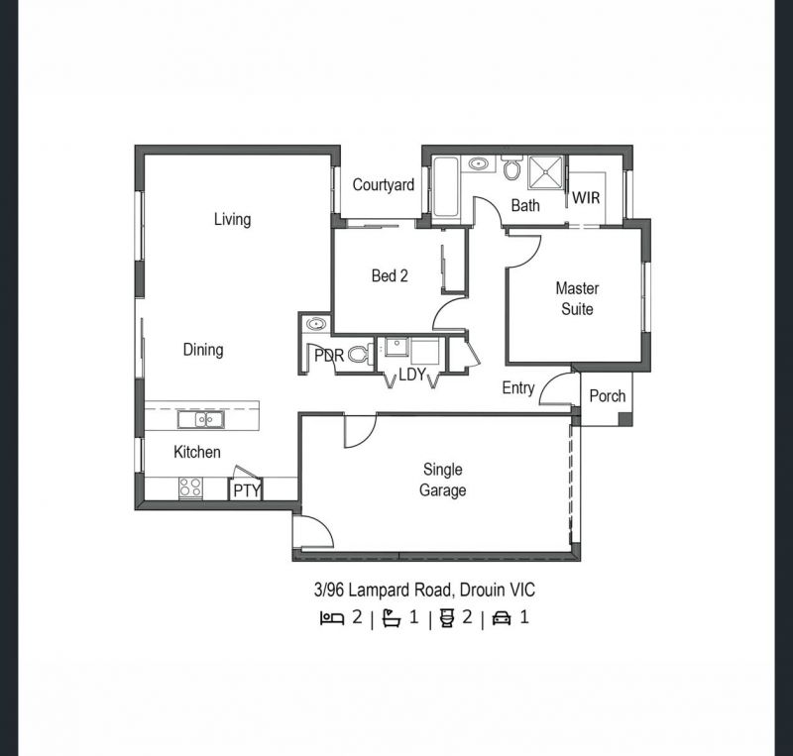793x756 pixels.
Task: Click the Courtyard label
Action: click(x=384, y=185)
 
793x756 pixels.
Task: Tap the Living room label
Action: click(x=232, y=219)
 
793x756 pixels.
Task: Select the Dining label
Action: click(x=203, y=350)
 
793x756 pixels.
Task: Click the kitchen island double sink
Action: click(x=201, y=420)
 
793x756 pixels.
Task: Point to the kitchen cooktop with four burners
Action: click(x=190, y=488)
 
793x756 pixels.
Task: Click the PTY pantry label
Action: click(x=247, y=490)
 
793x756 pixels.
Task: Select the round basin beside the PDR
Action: click(x=316, y=324)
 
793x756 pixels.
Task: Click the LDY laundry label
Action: click(x=412, y=375)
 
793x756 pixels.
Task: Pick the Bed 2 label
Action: click(x=390, y=276)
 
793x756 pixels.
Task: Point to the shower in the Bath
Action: click(x=546, y=173)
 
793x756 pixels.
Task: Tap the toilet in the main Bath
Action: click(x=512, y=167)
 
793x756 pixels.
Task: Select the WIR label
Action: click(x=586, y=198)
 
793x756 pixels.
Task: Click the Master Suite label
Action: click(x=577, y=299)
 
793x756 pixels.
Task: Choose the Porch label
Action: click(x=608, y=396)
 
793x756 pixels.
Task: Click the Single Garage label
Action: click(x=442, y=480)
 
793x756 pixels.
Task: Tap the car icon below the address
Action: click(x=502, y=618)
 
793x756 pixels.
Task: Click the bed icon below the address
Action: click(x=332, y=618)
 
